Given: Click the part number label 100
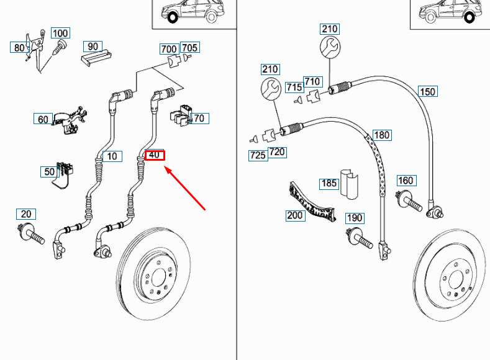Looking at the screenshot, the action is pyautogui.click(x=60, y=33).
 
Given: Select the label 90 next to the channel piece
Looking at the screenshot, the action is pyautogui.click(x=93, y=46).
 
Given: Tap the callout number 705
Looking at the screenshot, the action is pyautogui.click(x=189, y=47).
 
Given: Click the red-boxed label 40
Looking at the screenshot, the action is pyautogui.click(x=155, y=155).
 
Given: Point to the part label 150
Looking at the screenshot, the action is pyautogui.click(x=427, y=91).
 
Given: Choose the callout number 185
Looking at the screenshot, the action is pyautogui.click(x=329, y=183).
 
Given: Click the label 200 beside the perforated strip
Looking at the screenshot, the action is pyautogui.click(x=295, y=215).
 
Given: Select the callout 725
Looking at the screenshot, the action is pyautogui.click(x=258, y=155).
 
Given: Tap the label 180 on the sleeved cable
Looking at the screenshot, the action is pyautogui.click(x=382, y=135).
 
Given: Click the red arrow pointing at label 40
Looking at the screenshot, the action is pyautogui.click(x=184, y=188).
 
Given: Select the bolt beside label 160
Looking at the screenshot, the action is pyautogui.click(x=409, y=200).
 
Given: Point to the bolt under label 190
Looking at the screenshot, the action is pyautogui.click(x=360, y=238).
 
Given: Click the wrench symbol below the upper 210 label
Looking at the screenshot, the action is pyautogui.click(x=330, y=47).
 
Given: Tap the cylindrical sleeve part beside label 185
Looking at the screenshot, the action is pyautogui.click(x=350, y=184).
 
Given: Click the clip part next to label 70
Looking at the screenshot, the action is pyautogui.click(x=181, y=115).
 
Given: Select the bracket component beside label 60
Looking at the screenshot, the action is pyautogui.click(x=69, y=120).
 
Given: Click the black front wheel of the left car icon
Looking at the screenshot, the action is pyautogui.click(x=173, y=17).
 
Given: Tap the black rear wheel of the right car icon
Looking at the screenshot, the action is pyautogui.click(x=470, y=17).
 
